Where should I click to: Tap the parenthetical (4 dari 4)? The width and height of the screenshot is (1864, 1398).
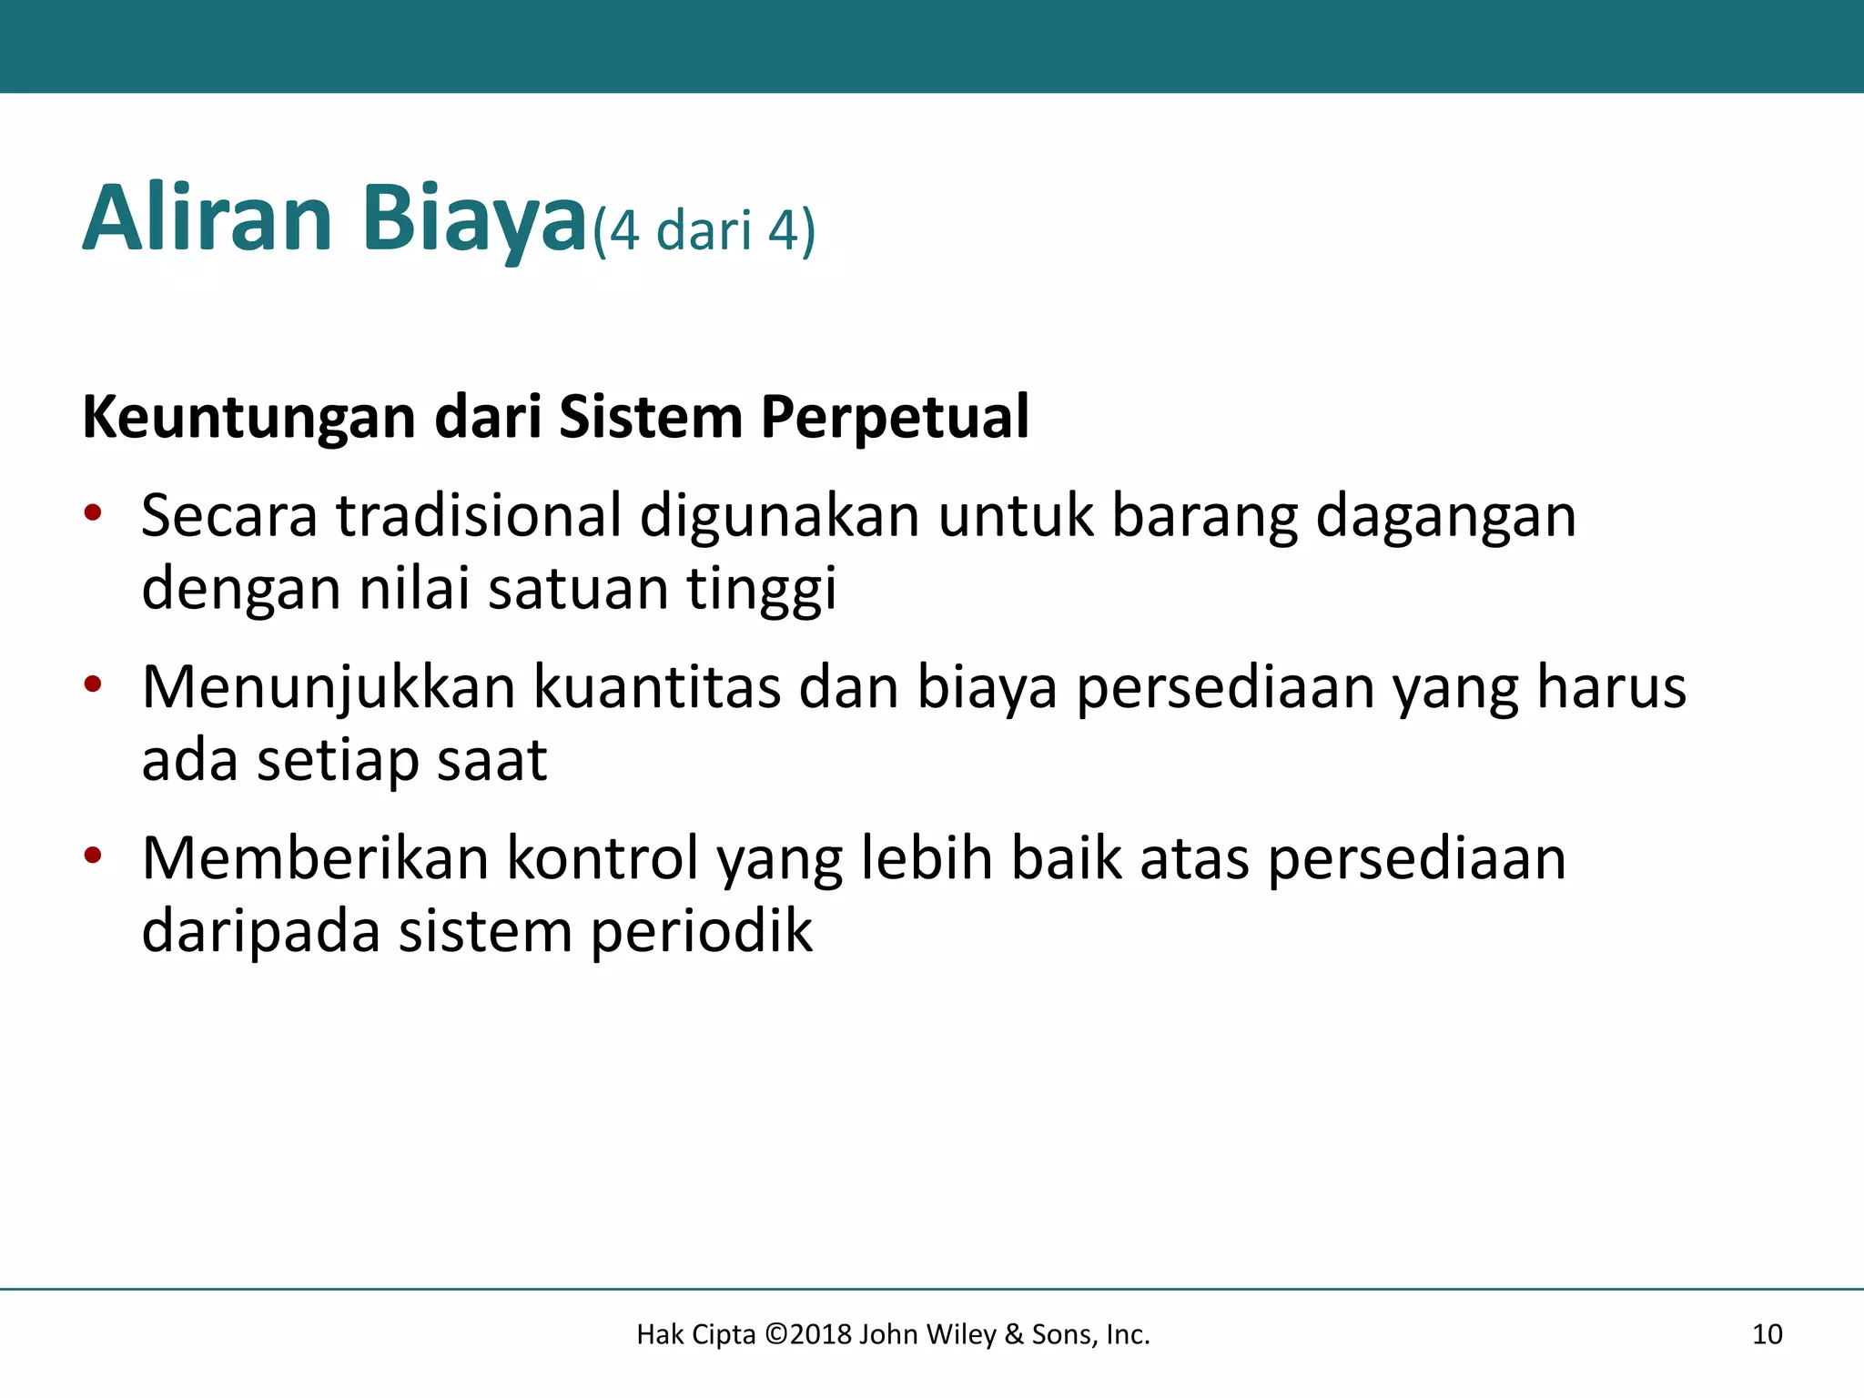point(704,230)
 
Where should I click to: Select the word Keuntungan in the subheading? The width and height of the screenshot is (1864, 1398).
point(249,418)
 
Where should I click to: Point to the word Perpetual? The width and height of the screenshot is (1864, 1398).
point(895,418)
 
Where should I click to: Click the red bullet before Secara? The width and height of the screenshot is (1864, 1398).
point(93,514)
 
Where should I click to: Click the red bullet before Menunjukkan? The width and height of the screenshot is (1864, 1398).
point(93,684)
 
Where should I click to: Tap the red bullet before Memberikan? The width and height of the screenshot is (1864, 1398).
point(93,856)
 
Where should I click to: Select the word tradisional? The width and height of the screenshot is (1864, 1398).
point(479,515)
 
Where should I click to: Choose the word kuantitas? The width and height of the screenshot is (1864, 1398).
point(656,686)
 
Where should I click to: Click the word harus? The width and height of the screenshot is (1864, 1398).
point(1611,686)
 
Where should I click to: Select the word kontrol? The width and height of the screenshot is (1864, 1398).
point(602,857)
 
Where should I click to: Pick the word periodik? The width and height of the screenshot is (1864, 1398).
point(701,932)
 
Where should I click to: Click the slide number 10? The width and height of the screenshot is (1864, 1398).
point(1767,1334)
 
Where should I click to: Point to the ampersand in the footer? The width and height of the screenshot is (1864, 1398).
point(1014,1334)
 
